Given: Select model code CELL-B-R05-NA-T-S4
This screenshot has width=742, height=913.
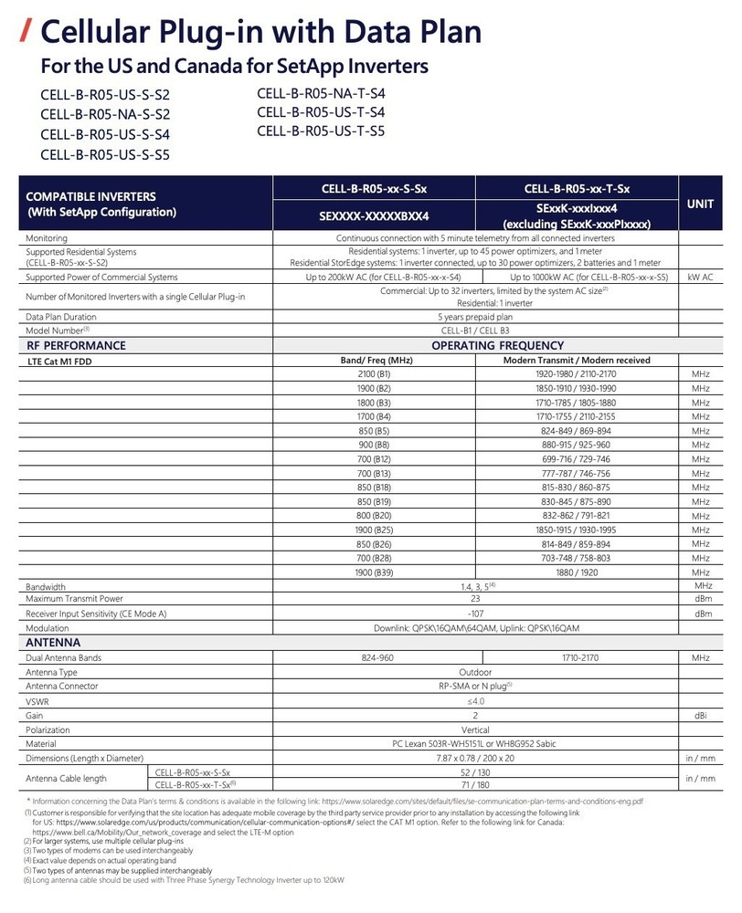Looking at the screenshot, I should (321, 93).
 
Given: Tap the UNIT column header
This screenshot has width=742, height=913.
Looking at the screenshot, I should (699, 205).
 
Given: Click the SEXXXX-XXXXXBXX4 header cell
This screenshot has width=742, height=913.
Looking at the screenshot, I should (374, 216).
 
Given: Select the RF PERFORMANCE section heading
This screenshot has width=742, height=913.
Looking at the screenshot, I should (77, 346).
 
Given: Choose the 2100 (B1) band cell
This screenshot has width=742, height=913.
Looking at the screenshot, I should (374, 374).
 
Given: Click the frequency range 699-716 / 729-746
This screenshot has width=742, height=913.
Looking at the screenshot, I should (576, 458).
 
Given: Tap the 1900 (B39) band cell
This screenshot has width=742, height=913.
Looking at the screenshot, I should (374, 572).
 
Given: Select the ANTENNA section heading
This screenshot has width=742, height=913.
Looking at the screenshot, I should (56, 642).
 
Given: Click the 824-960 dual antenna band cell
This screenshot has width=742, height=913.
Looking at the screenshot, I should (374, 657).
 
